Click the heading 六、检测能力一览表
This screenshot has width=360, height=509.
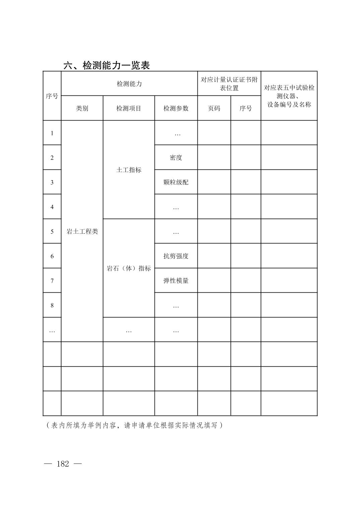pos(107,65)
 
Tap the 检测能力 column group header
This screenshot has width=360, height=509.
pos(129,84)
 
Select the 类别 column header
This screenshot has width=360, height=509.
pos(82,108)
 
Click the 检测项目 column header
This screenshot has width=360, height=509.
pos(129,108)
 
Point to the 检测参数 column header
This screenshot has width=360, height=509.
pos(176,108)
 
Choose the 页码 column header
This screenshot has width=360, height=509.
pos(214,108)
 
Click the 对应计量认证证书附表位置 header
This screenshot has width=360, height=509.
pos(229,84)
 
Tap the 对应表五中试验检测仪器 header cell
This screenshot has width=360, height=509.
pos(289,96)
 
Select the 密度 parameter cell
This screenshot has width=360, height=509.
pos(176,158)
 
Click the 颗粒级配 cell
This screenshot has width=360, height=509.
pos(176,182)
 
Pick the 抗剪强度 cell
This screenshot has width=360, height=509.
pos(176,256)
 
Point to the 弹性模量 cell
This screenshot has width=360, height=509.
pos(176,281)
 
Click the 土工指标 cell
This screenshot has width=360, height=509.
pos(129,170)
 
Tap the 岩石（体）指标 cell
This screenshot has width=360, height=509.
pos(129,269)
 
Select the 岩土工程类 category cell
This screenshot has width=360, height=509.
pos(82,232)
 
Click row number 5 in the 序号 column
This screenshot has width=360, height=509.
pos(52,232)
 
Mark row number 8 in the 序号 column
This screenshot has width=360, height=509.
pos(52,305)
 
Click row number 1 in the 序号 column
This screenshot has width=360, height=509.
pos(52,133)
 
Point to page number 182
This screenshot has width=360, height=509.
pos(63,464)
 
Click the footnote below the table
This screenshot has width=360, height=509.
pos(134,425)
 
